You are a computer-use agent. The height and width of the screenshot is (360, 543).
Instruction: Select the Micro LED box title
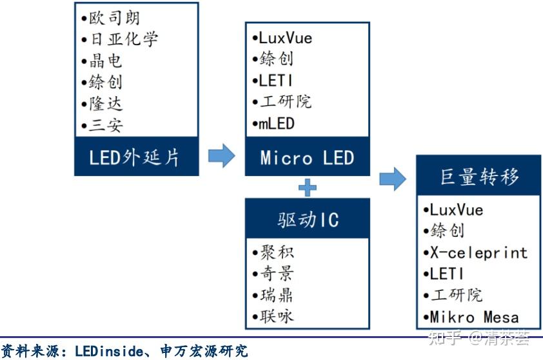(x=307, y=157)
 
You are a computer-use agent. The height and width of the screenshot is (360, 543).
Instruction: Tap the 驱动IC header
(x=307, y=219)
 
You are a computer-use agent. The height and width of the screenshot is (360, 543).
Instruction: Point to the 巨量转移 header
(x=479, y=176)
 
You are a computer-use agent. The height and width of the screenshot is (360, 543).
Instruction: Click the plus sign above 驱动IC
(x=308, y=188)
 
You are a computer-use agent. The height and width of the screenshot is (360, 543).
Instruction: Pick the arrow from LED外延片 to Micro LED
(x=221, y=155)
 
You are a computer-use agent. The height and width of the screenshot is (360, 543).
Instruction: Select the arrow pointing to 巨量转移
(x=393, y=179)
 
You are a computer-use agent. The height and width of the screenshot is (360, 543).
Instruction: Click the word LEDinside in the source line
(x=107, y=352)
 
